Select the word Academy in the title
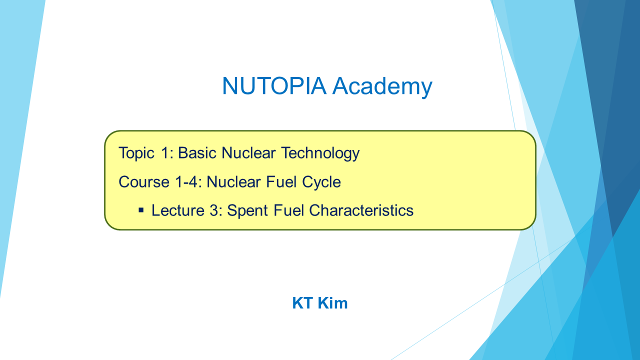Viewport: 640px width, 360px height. (382, 87)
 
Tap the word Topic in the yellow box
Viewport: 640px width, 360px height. (136, 153)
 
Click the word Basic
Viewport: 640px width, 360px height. (197, 153)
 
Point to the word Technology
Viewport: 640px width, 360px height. (320, 153)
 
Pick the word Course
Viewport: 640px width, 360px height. (144, 182)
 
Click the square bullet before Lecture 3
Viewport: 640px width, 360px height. (141, 210)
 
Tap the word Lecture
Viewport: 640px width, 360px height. (178, 210)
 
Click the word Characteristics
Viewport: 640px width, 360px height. (361, 210)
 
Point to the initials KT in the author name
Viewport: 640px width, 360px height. (302, 303)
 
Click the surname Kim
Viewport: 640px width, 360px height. (333, 303)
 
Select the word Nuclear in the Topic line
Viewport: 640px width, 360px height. (248, 153)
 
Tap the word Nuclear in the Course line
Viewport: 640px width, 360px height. (233, 182)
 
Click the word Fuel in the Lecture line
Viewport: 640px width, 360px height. (288, 210)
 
